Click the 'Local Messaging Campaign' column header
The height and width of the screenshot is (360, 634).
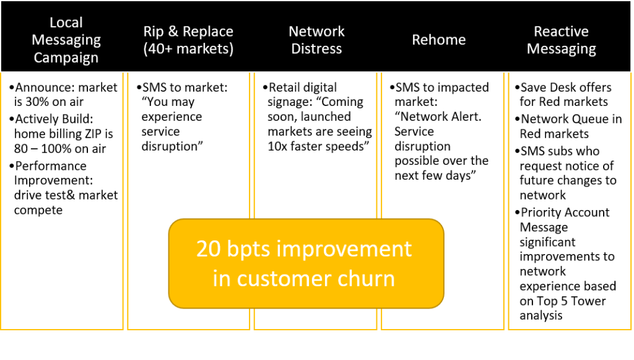(66, 40)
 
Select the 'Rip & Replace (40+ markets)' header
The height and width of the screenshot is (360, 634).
(188, 40)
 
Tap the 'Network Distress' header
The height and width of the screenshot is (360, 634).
(316, 40)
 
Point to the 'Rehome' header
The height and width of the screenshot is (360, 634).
(439, 40)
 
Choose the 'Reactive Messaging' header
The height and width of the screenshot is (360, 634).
(561, 40)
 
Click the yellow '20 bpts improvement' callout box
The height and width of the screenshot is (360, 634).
(306, 264)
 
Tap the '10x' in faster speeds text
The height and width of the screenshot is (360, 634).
(277, 146)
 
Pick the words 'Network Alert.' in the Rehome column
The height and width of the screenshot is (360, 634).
(438, 117)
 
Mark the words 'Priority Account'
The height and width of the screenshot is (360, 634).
(565, 213)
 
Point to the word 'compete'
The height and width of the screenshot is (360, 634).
(38, 211)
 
